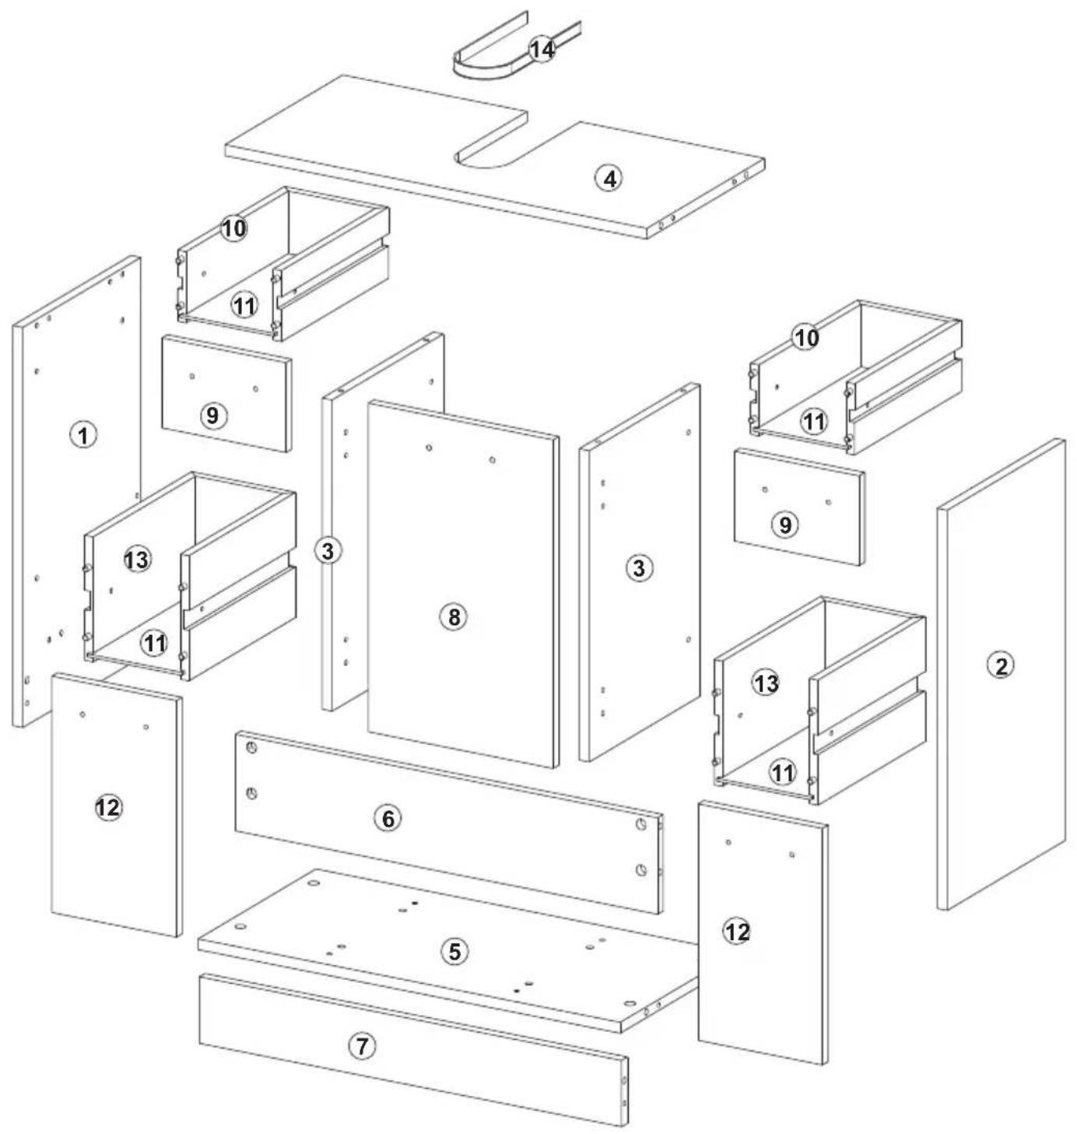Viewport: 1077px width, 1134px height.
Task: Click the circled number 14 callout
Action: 542,50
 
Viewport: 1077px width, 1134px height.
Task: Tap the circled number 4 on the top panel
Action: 609,179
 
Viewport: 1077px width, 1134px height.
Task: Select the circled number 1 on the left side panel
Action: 83,435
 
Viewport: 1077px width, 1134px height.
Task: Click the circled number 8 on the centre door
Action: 454,617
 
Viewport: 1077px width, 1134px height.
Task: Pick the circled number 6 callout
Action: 388,819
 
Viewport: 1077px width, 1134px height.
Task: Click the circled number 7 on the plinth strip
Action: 362,1046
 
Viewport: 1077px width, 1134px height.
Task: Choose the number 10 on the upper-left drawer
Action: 233,228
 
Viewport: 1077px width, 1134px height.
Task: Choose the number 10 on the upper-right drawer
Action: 806,338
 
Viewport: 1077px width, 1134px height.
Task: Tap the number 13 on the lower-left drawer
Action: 137,560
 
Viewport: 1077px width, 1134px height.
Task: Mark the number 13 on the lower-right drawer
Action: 766,684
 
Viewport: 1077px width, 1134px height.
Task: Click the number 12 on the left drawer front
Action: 108,808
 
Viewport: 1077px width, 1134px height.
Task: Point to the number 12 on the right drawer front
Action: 737,932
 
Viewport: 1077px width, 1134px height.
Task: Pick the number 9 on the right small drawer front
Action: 784,525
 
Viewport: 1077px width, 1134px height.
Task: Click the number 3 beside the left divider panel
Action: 328,551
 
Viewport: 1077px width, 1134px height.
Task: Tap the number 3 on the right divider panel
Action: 639,568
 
